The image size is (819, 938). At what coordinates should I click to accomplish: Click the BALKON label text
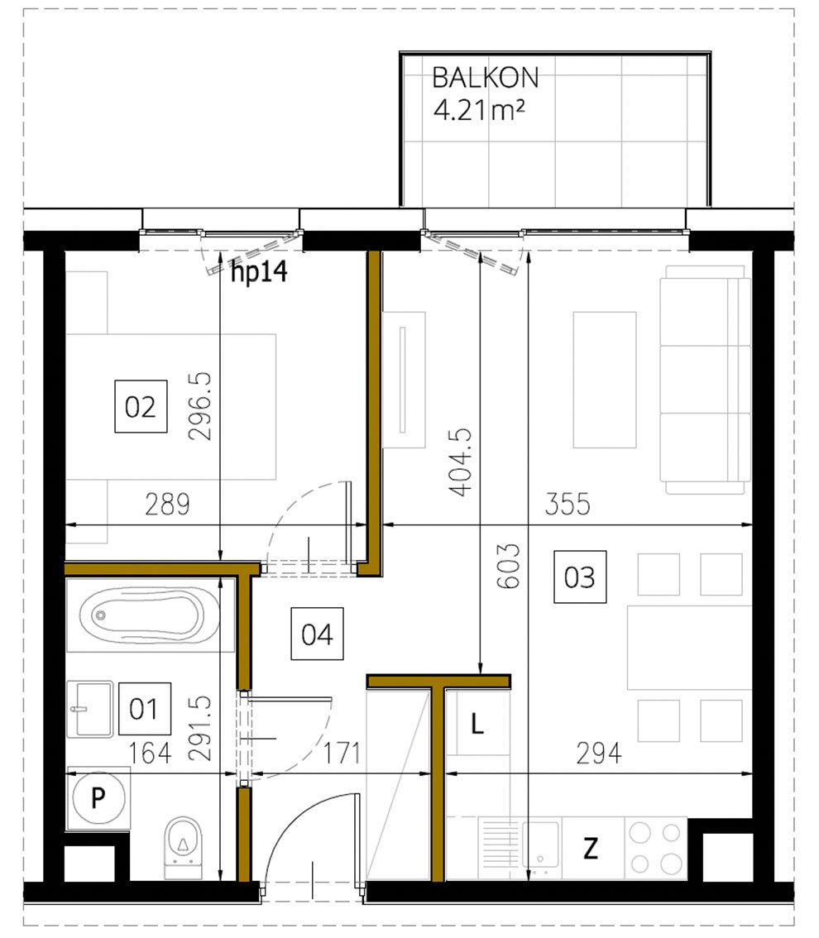click(486, 78)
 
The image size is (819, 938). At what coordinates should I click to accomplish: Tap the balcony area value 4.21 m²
click(480, 110)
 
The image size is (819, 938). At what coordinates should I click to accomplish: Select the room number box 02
click(141, 407)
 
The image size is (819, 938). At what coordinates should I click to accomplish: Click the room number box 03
click(579, 577)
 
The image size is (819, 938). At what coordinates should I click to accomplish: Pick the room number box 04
click(317, 634)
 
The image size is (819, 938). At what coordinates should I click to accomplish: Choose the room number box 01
click(145, 709)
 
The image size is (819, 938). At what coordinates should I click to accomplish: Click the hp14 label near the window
click(258, 271)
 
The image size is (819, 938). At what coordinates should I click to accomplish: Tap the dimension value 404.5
click(462, 462)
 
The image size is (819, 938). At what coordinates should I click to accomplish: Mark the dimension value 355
click(566, 505)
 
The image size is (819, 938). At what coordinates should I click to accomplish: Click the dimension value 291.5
click(201, 728)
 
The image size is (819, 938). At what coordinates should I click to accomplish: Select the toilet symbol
click(182, 845)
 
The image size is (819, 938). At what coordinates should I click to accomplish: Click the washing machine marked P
click(98, 797)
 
